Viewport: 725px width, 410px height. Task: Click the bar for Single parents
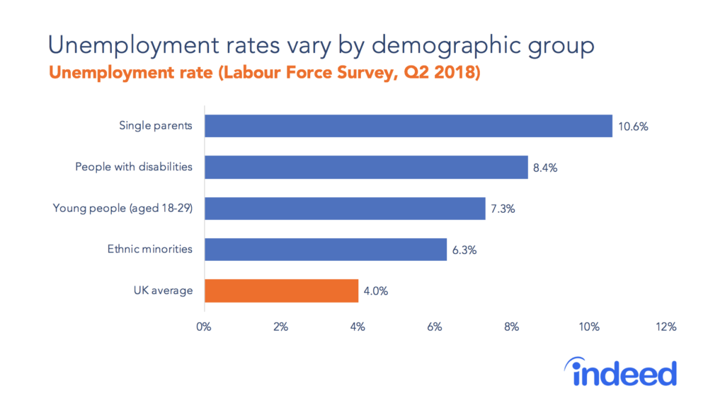click(x=408, y=126)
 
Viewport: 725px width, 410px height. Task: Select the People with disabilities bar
click(x=366, y=167)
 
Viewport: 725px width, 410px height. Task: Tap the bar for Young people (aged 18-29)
click(x=345, y=208)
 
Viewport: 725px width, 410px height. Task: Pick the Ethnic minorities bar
click(x=326, y=249)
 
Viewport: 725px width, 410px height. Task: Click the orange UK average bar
click(x=281, y=290)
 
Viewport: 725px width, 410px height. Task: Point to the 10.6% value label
click(x=634, y=127)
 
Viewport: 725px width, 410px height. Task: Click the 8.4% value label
click(x=547, y=168)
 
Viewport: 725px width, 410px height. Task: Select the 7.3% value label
click(x=504, y=209)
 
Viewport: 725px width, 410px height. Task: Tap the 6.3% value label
click(x=465, y=250)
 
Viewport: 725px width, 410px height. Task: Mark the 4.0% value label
click(x=377, y=291)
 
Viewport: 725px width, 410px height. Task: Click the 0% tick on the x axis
click(x=204, y=327)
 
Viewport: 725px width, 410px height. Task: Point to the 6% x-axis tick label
click(x=435, y=327)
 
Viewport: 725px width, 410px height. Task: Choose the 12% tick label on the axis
click(x=666, y=327)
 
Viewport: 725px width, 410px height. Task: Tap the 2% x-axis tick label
click(x=281, y=327)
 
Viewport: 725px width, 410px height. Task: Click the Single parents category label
click(x=155, y=127)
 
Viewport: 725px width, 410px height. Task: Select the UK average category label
click(x=162, y=291)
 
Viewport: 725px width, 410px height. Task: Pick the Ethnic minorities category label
click(x=149, y=250)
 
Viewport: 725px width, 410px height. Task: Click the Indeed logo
click(x=620, y=373)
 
